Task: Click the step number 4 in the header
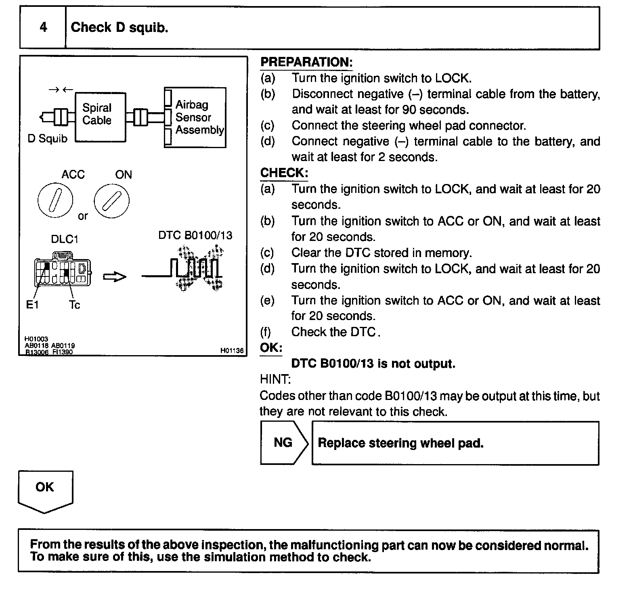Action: point(43,27)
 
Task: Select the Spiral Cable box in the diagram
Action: point(101,117)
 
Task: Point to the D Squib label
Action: point(48,139)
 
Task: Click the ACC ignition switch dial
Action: point(55,200)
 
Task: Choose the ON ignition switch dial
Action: point(112,201)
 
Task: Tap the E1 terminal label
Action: point(32,305)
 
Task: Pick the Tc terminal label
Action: point(74,305)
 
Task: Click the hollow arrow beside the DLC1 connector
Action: point(115,277)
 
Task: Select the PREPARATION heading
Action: point(306,62)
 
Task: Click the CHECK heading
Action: point(284,173)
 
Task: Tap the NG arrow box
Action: point(284,443)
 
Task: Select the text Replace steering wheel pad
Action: point(400,443)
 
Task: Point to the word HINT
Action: point(275,380)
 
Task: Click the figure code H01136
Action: point(232,351)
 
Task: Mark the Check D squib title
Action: point(119,27)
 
